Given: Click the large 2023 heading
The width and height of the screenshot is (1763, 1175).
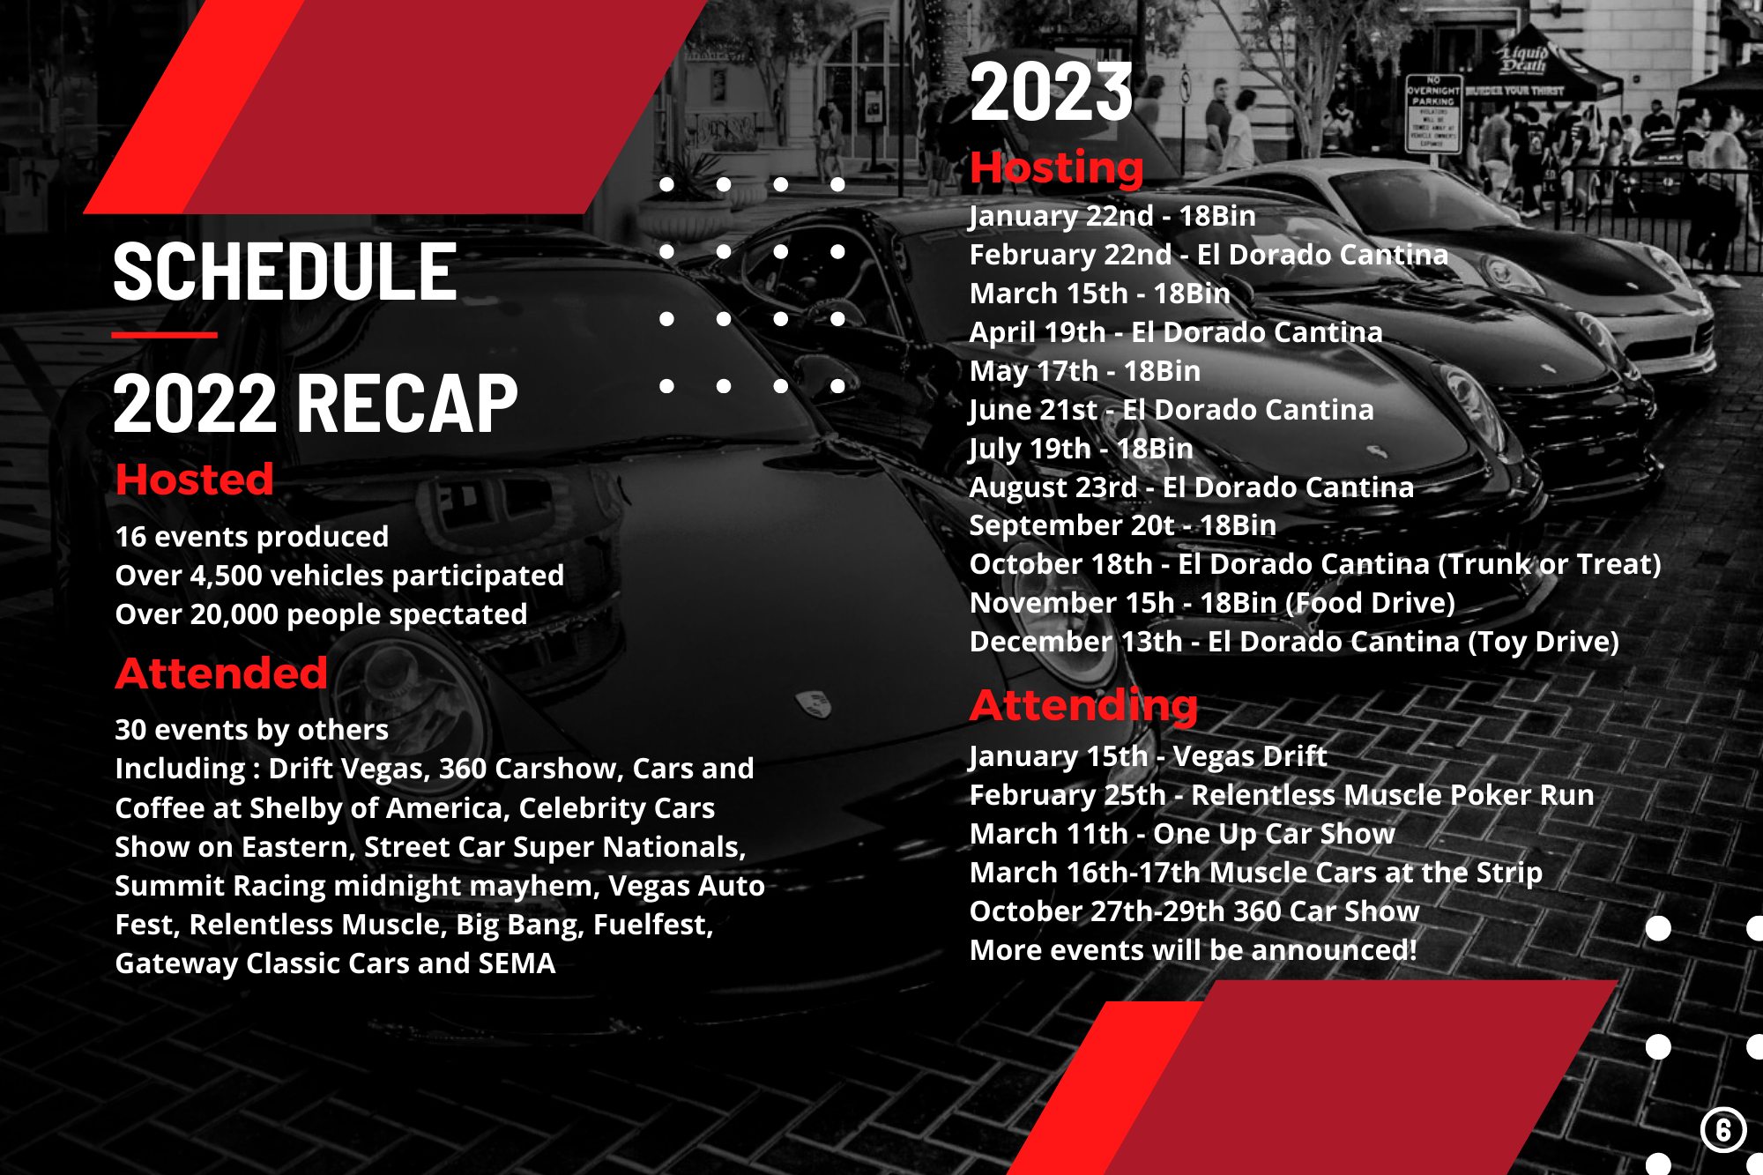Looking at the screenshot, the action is pos(1051,92).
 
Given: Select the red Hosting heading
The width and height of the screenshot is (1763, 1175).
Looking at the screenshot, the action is pos(1056,167).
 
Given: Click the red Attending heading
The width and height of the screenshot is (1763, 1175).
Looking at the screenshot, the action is pos(1083,705).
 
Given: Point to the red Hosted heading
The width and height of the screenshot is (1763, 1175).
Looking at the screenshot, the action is pos(194,480).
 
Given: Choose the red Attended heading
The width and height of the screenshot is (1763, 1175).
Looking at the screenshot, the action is pos(221,673).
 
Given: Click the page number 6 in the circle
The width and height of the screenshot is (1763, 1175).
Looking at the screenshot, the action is pos(1723,1130).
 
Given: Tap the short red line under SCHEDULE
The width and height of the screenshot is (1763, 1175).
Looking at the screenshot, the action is pos(165,335).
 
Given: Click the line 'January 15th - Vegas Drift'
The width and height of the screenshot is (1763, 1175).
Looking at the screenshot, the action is pos(1148,756).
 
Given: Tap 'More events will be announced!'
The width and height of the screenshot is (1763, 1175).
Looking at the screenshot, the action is pos(1194,950).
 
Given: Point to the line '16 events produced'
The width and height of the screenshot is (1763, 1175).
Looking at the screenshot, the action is pos(252,537).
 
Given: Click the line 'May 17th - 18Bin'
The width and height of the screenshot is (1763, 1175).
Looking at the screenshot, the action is pos(1085,371).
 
